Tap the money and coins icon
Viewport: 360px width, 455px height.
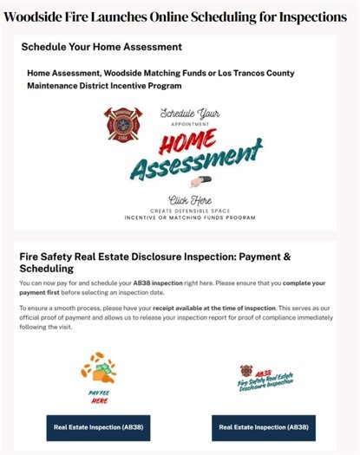point(103,369)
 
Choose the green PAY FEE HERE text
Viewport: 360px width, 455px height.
point(100,395)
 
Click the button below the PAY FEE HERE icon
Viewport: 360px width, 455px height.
point(97,426)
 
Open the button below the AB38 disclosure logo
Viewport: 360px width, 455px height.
point(263,426)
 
